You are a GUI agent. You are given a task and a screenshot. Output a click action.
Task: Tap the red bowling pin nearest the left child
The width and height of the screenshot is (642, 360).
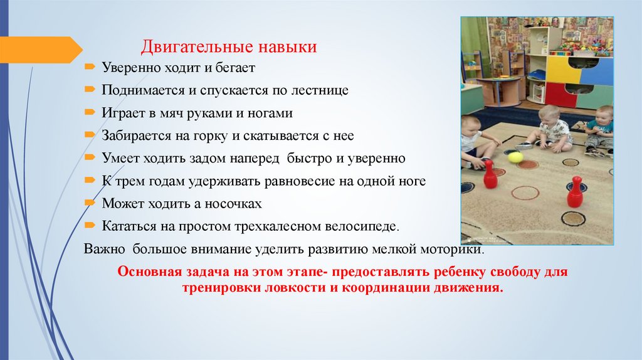click(490, 175)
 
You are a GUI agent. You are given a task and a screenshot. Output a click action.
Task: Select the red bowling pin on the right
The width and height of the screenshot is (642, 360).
click(574, 193)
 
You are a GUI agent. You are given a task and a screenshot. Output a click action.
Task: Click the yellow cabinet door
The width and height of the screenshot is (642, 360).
click(562, 70)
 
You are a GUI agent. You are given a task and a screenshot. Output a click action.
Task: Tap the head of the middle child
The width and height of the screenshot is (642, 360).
click(550, 115)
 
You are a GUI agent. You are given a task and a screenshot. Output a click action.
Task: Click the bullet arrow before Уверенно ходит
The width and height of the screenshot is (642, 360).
click(90, 66)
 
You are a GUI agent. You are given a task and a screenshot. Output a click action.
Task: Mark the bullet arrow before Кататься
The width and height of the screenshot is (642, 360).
click(90, 225)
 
